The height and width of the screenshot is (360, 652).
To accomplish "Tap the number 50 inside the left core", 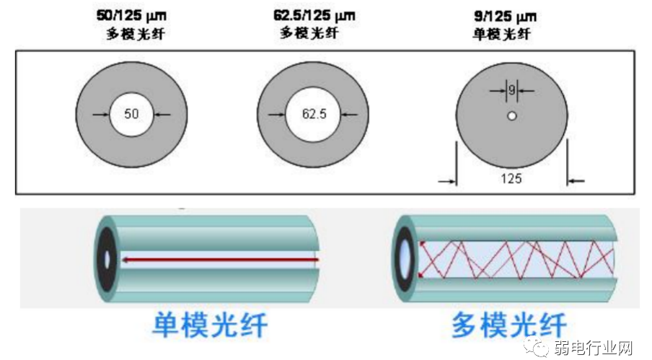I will (x=131, y=114).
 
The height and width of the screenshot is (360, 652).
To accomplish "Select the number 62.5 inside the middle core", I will (x=314, y=114).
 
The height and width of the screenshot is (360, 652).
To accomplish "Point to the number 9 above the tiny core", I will (x=511, y=90).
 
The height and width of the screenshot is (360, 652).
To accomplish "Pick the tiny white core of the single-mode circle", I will (x=511, y=116).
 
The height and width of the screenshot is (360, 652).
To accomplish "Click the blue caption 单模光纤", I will (x=210, y=325).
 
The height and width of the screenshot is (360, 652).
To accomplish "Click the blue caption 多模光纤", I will (x=509, y=325).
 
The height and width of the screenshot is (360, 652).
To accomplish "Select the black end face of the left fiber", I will (x=108, y=258).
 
